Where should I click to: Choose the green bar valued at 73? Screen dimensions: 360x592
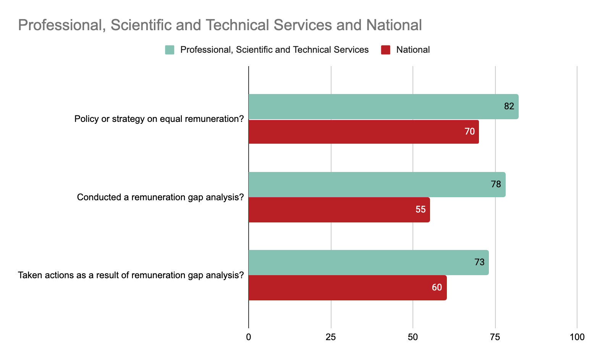369,263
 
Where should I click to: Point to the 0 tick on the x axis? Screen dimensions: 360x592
249,337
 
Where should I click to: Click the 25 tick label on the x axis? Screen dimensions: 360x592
331,337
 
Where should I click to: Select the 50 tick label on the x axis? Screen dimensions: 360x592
413,337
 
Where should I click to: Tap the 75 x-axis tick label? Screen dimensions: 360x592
495,337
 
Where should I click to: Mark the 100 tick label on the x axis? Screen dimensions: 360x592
577,337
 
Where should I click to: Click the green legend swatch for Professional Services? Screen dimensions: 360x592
170,50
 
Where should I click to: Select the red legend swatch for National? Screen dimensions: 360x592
386,50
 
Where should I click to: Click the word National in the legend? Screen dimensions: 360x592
413,50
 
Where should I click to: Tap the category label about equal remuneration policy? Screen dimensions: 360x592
159,119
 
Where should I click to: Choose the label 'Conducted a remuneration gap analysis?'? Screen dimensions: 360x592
160,198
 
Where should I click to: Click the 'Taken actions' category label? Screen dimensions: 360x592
131,276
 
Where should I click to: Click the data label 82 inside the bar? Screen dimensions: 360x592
509,107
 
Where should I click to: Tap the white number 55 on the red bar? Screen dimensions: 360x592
421,210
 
